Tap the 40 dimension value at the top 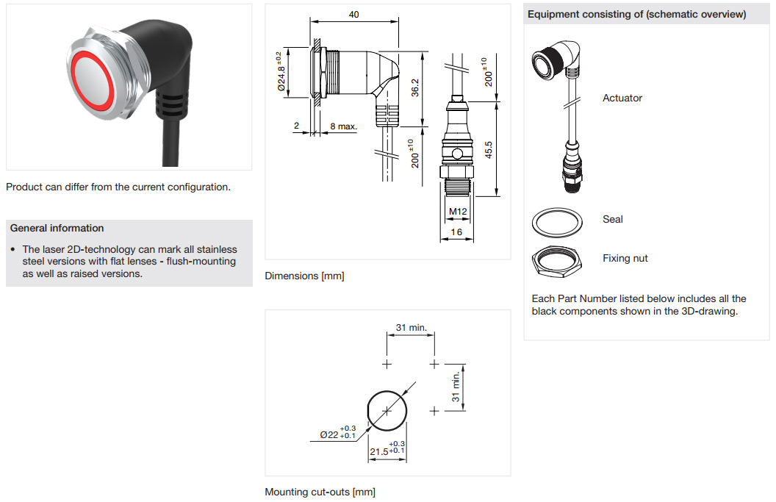pos(354,15)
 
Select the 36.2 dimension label pos(414,87)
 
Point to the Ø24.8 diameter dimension pos(281,72)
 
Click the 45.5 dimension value pos(489,150)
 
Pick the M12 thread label pos(458,212)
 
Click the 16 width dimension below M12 pos(456,232)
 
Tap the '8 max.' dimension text pos(343,126)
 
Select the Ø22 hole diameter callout pos(337,432)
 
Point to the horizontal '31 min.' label pos(412,327)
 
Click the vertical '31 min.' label pos(456,387)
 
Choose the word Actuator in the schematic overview pos(622,98)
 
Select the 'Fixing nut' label pos(625,258)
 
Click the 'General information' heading pos(57,229)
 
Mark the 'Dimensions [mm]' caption pos(304,276)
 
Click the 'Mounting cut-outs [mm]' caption pos(320,492)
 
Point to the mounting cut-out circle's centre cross pos(387,411)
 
